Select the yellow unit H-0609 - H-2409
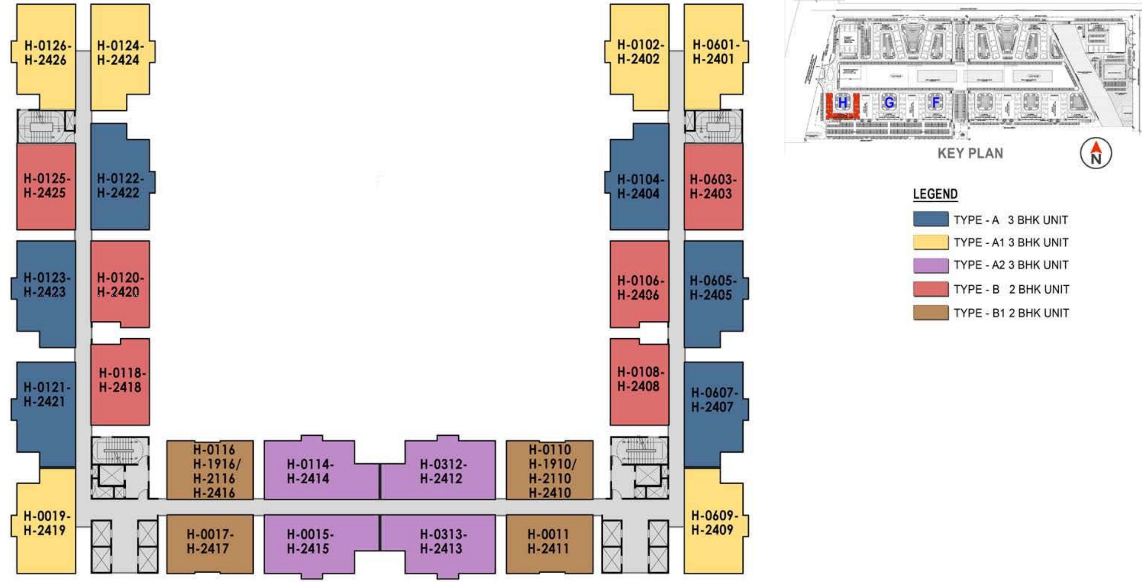[x=714, y=522]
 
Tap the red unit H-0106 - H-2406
[x=639, y=288]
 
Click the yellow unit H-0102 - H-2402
[x=639, y=52]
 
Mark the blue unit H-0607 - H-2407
[x=714, y=400]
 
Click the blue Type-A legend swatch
[x=931, y=219]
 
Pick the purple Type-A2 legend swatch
[x=931, y=265]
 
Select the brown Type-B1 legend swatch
[x=931, y=313]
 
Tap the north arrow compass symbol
[x=1095, y=153]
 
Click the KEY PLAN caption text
[x=970, y=154]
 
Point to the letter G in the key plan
[x=889, y=103]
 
